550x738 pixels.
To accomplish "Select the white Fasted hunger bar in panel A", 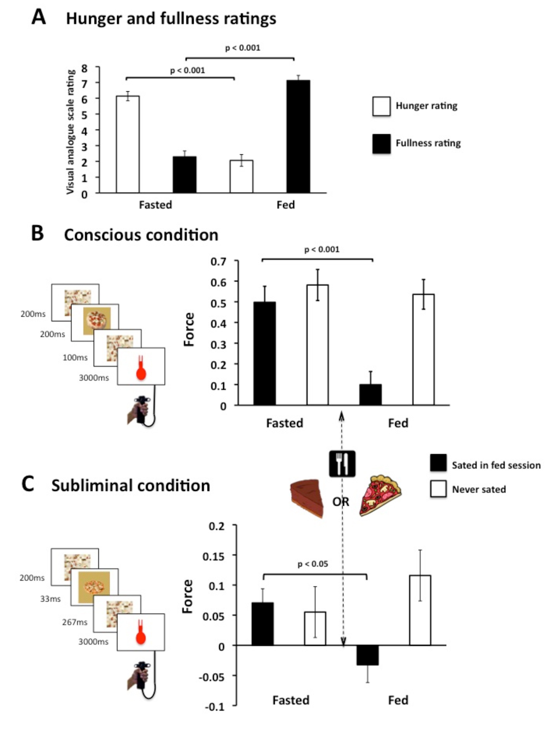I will point(128,145).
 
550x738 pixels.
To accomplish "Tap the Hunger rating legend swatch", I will point(381,106).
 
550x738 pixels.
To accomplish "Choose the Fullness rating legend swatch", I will point(381,144).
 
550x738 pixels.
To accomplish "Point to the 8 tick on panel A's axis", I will point(84,69).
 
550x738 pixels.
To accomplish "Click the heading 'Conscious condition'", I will point(141,235).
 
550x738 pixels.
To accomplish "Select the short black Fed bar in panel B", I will point(371,395).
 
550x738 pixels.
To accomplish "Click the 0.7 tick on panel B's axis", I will point(218,262).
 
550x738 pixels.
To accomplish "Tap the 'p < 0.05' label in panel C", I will point(312,564).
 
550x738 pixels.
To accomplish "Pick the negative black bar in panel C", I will point(367,655).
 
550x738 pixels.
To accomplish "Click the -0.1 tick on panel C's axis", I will point(214,706).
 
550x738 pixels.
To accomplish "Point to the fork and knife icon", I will point(342,463).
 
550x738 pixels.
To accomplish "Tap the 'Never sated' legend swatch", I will point(438,489).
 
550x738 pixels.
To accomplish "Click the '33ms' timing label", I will point(50,599).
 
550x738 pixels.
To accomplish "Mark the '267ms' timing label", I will point(75,622).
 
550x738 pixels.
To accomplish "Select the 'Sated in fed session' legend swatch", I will point(438,463).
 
